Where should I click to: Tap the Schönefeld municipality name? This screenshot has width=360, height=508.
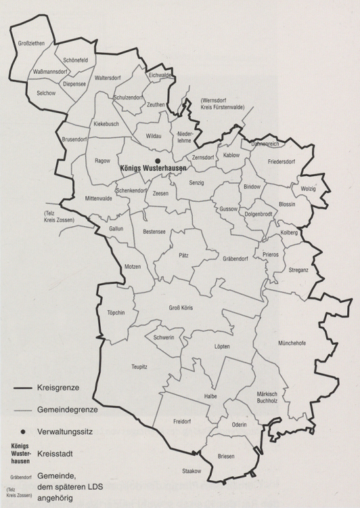click(76, 60)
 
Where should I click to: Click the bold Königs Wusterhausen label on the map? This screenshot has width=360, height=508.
click(153, 168)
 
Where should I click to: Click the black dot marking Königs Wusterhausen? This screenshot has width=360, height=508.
click(158, 160)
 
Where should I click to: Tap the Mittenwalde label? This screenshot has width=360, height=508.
click(99, 198)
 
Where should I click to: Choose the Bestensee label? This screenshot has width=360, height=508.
click(154, 232)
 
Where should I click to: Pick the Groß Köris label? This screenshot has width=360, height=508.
click(181, 308)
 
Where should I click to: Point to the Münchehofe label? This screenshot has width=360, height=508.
click(292, 343)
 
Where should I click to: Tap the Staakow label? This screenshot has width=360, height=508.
click(192, 470)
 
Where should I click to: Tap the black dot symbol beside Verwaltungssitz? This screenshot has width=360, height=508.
click(23, 431)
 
